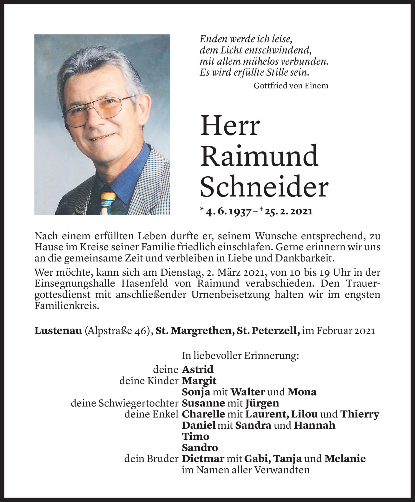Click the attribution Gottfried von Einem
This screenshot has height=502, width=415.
[291, 86]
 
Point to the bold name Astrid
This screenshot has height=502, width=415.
[198, 369]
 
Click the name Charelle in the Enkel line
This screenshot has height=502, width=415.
[203, 414]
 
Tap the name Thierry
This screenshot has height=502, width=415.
[359, 414]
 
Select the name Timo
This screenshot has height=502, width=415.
[195, 436]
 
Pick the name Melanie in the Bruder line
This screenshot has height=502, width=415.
[345, 459]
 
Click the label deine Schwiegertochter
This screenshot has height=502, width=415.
[124, 403]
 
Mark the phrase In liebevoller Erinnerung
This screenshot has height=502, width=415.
[240, 356]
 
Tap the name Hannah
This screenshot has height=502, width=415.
[315, 425]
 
